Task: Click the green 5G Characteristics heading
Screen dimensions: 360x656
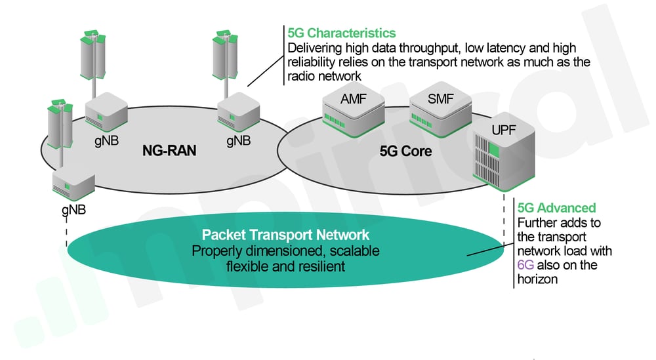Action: click(x=340, y=32)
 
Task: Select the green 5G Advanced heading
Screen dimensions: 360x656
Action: click(x=556, y=208)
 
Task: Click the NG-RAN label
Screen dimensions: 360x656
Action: click(x=169, y=151)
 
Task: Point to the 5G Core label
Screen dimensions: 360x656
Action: click(x=405, y=151)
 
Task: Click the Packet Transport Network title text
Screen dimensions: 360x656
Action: click(x=285, y=235)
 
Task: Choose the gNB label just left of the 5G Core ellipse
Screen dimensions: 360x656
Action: click(x=239, y=140)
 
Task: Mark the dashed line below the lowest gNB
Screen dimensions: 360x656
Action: click(x=67, y=232)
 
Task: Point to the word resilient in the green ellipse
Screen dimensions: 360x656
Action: click(x=319, y=266)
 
